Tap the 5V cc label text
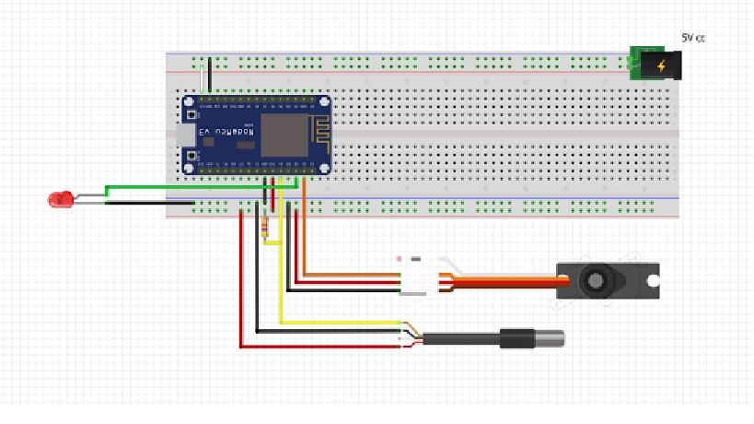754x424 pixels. (x=693, y=38)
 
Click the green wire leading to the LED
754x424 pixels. (x=184, y=188)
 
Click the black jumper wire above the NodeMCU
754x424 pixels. (x=210, y=76)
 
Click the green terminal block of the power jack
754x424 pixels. (x=633, y=64)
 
